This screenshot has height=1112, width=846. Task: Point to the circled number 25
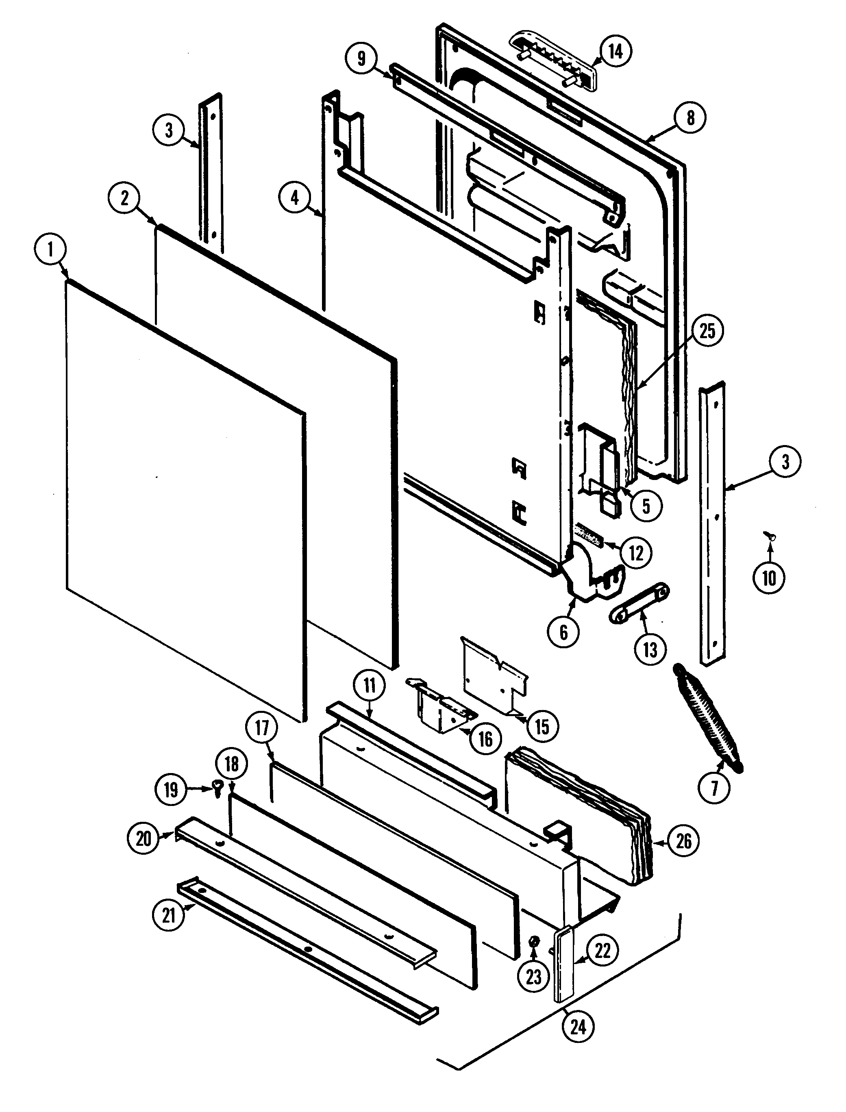[707, 331]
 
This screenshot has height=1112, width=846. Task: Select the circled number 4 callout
[295, 198]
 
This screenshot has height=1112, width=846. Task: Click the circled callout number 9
[361, 59]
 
